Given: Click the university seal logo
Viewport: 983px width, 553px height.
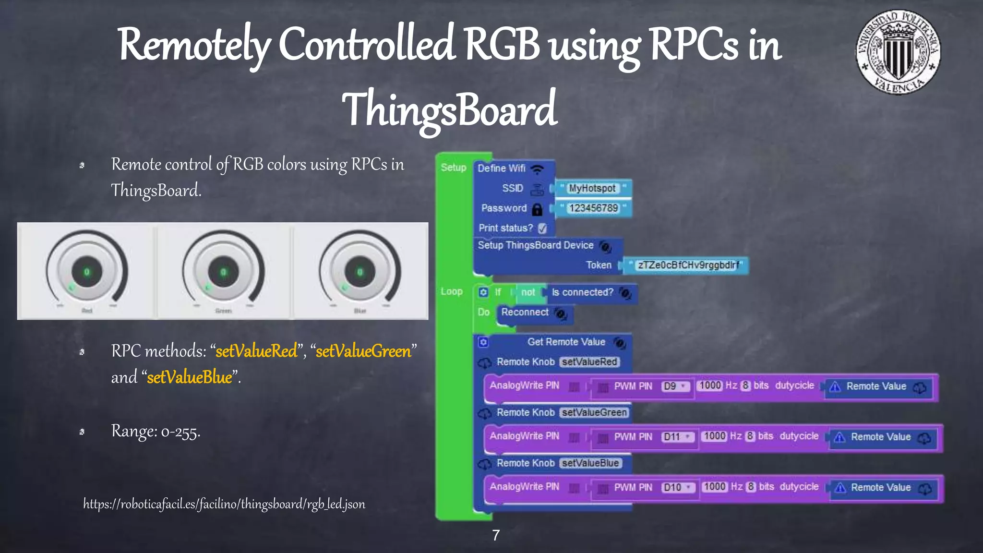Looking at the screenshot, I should tap(898, 52).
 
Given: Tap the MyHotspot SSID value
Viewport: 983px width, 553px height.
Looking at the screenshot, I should tap(592, 189).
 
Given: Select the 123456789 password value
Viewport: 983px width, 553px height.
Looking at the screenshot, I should tap(593, 208).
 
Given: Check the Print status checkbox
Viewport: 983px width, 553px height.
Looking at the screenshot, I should tap(542, 228).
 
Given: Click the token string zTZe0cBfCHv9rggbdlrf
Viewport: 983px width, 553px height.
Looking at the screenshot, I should tap(688, 265).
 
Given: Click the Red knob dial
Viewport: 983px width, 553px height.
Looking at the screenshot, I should tap(87, 272).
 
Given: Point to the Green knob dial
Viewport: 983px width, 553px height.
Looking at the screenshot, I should tap(223, 272).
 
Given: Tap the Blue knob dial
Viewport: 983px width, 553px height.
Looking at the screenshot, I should tap(360, 272).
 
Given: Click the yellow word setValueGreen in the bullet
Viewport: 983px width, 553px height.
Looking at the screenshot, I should tap(363, 351).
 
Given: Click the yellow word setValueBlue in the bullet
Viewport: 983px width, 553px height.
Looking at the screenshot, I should tap(190, 378).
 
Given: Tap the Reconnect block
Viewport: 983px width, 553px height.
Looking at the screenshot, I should tap(525, 313).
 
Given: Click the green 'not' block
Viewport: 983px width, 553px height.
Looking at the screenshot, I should tap(528, 292).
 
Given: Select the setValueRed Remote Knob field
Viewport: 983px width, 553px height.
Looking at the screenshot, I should tap(589, 362).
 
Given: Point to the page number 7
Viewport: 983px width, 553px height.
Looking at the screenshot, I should tap(496, 535).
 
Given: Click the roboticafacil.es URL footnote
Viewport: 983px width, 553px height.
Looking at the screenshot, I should tap(224, 504).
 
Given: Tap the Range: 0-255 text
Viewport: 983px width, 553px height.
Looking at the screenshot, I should tap(156, 432).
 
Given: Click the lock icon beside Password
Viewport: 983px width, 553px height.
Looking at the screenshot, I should tap(538, 209).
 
